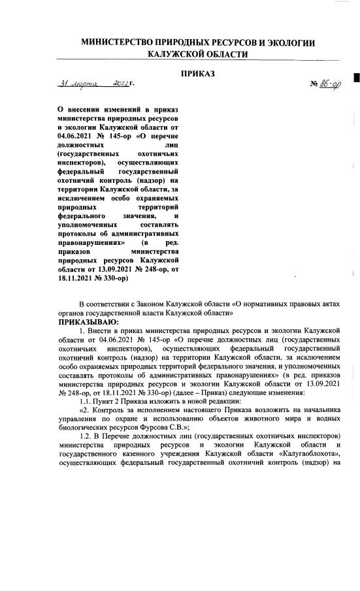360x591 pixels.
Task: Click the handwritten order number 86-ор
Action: coord(326,86)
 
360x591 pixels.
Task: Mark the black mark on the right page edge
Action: coord(356,79)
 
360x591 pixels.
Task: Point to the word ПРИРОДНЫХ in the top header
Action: coord(199,43)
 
